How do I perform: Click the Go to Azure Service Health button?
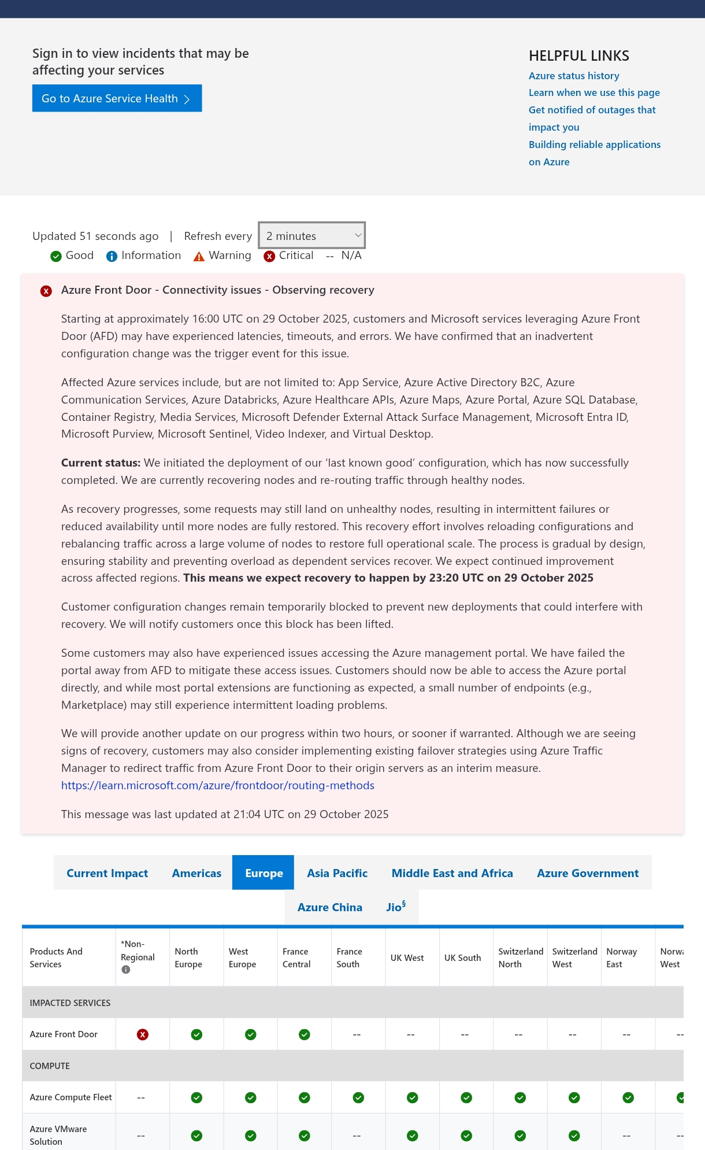click(x=117, y=98)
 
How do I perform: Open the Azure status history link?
click(x=574, y=76)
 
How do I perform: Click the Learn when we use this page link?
click(x=594, y=93)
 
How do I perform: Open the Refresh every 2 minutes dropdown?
click(x=312, y=235)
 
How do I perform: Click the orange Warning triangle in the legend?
click(x=199, y=256)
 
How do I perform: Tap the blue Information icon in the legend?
click(x=112, y=256)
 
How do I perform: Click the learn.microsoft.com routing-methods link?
click(x=218, y=785)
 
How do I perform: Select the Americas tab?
click(x=196, y=873)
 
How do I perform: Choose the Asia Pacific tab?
click(x=337, y=873)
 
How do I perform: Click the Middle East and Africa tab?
click(x=452, y=873)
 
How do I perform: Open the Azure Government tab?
click(x=588, y=873)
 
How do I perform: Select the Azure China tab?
click(x=329, y=907)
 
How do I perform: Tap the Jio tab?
click(x=395, y=907)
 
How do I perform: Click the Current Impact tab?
click(x=107, y=873)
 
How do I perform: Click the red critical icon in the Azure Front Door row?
click(x=143, y=1034)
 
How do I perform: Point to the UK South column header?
click(x=462, y=958)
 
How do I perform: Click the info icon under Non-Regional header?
click(x=126, y=970)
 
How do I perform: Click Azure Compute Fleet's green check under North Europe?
click(x=196, y=1097)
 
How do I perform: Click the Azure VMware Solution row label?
click(x=58, y=1135)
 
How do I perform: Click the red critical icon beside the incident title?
click(x=46, y=291)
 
